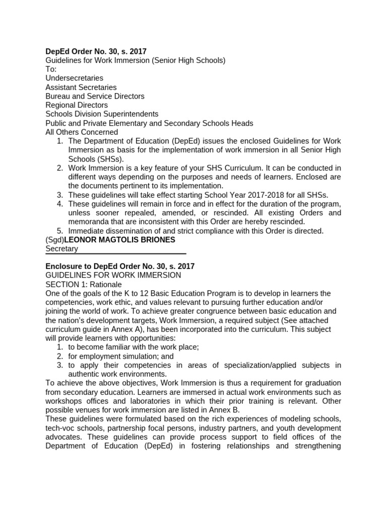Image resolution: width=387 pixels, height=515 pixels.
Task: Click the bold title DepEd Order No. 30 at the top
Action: [x=96, y=51]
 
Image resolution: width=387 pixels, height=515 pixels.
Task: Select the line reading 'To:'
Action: [x=51, y=69]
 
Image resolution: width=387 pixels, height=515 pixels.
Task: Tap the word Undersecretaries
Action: [x=74, y=78]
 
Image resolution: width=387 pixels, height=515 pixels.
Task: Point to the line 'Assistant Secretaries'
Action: [x=81, y=87]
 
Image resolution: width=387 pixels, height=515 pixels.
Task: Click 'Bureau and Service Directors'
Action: [x=95, y=96]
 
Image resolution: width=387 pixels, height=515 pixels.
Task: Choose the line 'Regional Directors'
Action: [x=77, y=105]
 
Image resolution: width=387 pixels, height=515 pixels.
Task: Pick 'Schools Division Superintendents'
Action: [x=102, y=114]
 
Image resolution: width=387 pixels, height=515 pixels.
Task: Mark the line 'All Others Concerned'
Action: [x=82, y=132]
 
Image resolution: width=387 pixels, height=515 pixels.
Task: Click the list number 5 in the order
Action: [x=59, y=231]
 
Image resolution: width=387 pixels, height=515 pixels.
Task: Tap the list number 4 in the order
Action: [x=59, y=204]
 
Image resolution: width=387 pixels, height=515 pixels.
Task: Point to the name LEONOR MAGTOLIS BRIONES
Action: [x=119, y=240]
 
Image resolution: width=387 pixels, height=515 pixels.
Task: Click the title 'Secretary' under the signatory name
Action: [x=61, y=249]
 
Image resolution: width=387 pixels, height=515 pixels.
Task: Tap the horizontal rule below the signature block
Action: [x=116, y=254]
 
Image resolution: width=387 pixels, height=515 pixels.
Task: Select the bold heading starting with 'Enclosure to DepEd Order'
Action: [x=120, y=266]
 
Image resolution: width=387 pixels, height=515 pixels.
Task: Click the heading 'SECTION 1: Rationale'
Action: [x=84, y=284]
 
